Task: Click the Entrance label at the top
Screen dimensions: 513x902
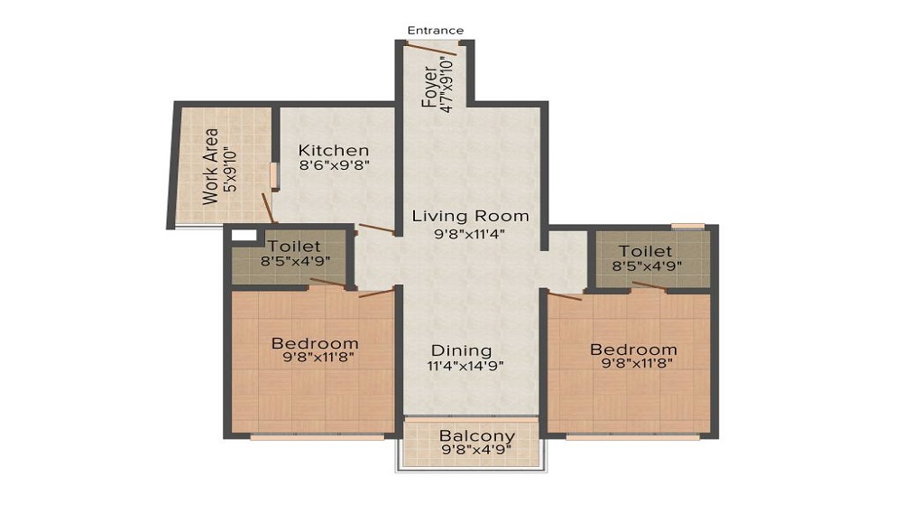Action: [x=435, y=31]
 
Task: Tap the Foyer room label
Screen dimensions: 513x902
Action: [x=430, y=87]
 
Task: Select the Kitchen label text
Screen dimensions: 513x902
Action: [x=334, y=150]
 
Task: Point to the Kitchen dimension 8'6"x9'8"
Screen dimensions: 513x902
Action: [x=335, y=165]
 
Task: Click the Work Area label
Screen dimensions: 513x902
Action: [x=210, y=166]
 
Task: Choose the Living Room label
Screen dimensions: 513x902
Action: [x=470, y=217]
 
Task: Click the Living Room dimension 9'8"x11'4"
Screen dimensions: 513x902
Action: [x=470, y=233]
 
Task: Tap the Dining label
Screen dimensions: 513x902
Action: [x=461, y=350]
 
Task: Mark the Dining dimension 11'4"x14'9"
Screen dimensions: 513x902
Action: [x=465, y=366]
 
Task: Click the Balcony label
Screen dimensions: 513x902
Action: [x=477, y=436]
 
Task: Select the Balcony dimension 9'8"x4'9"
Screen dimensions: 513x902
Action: [x=476, y=450]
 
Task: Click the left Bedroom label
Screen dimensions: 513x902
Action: [x=315, y=343]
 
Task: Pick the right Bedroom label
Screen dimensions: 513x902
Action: [x=633, y=350]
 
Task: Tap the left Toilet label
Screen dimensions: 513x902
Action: [x=294, y=246]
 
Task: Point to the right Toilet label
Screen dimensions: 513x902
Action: [x=645, y=250]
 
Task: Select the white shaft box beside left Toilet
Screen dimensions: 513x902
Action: [x=243, y=236]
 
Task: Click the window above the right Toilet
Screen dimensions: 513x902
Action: [x=687, y=225]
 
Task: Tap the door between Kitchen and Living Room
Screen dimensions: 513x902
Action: [x=376, y=229]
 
